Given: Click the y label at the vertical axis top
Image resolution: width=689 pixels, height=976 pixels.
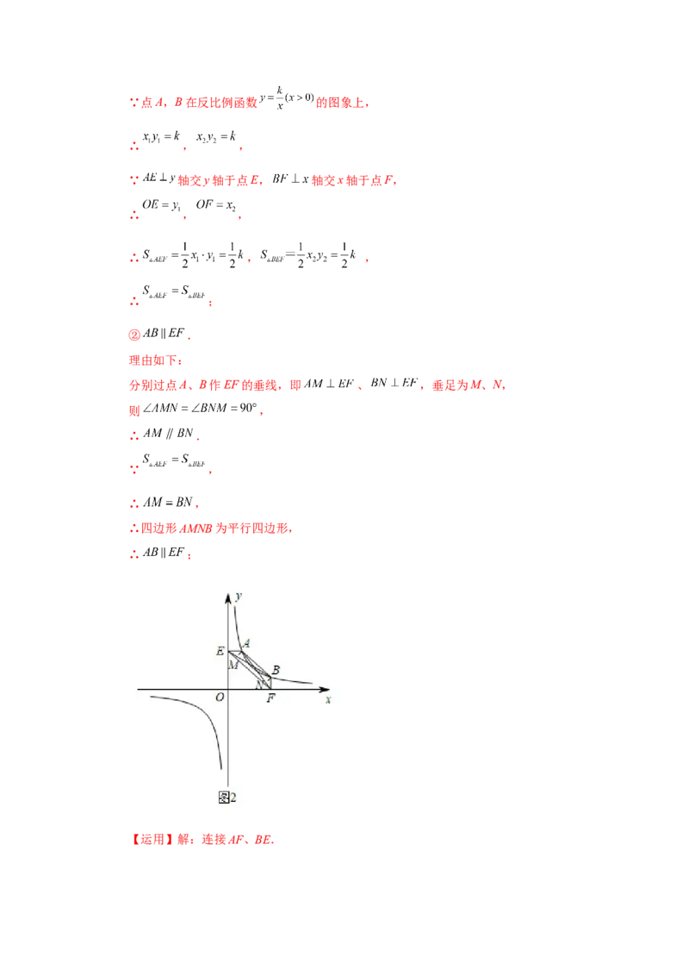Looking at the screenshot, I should tap(238, 597).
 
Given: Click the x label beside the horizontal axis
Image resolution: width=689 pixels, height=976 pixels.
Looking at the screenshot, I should tap(328, 700).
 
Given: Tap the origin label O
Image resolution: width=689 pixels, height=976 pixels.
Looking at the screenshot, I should tap(220, 697).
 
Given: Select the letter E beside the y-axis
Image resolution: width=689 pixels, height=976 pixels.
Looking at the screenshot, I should tap(220, 651).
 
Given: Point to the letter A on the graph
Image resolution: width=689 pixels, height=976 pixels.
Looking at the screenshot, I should tap(246, 643).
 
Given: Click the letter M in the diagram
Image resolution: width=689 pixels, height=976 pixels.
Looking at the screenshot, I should tap(233, 665).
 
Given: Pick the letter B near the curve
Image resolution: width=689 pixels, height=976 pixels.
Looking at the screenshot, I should tap(276, 670).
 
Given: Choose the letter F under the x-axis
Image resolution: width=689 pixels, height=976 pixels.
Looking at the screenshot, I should tap(270, 698).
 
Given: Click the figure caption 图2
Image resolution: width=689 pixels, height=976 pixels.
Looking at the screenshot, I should tap(228, 798).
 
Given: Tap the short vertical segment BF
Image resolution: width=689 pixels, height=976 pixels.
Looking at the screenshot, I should tap(270, 683).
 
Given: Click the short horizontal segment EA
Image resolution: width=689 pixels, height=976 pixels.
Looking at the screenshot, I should tap(234, 651).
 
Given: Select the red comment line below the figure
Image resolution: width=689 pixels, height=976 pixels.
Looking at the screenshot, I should tap(203, 839).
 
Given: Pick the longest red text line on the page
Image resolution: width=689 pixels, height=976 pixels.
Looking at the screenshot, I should tap(319, 386).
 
